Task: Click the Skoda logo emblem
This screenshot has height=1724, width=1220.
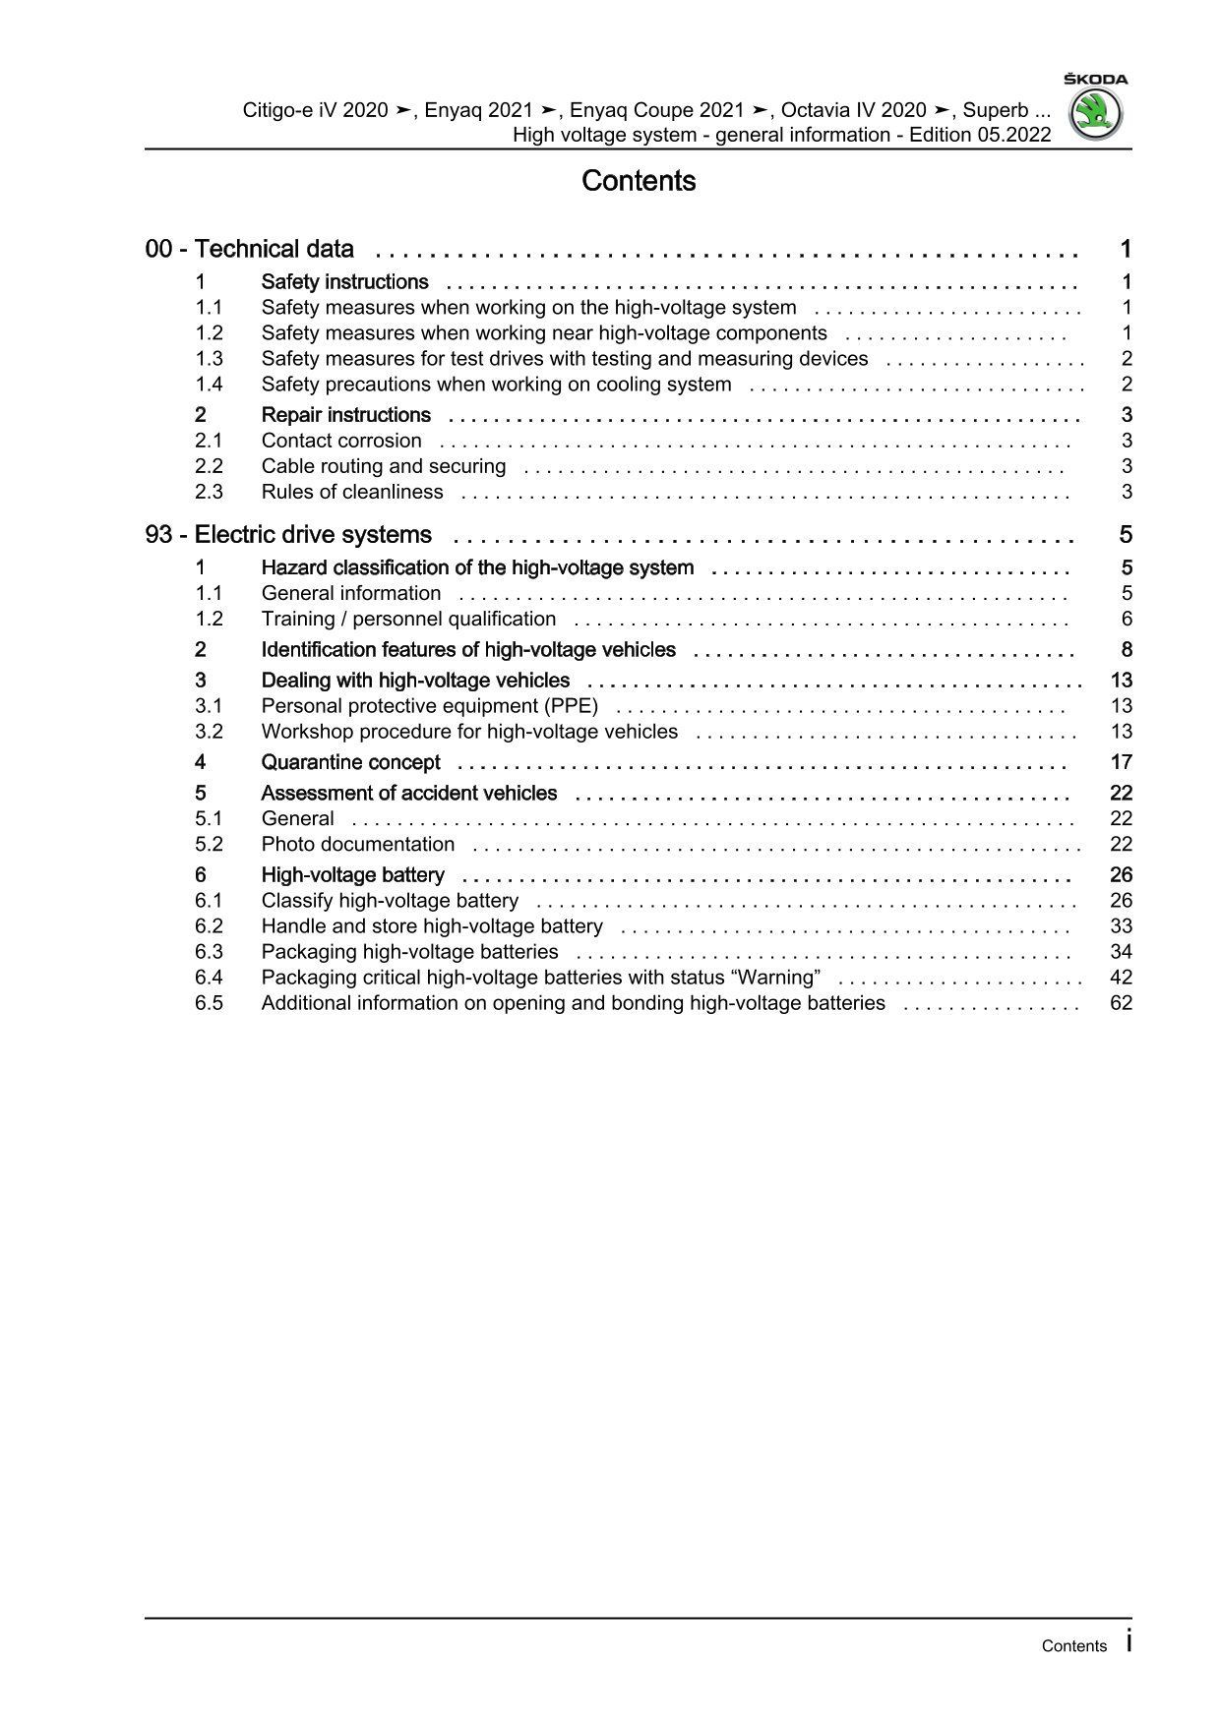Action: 1095,114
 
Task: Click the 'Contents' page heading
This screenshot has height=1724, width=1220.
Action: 639,181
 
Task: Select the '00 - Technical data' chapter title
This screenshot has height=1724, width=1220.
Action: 249,250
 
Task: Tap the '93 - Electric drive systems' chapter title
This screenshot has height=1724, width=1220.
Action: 288,535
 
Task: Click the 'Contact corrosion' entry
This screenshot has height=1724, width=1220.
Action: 340,441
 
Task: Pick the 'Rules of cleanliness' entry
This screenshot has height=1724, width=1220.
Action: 351,492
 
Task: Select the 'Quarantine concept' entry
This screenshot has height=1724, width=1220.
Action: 350,762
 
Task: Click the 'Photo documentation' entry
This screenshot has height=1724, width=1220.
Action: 357,844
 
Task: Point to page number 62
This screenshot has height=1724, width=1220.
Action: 1121,1003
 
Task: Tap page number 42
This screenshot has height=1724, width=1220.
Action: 1121,978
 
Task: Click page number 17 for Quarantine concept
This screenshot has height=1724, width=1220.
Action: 1121,762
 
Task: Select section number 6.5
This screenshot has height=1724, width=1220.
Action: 209,1003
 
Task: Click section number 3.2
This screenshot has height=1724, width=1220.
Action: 209,732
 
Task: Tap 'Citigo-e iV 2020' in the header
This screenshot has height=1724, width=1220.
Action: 315,110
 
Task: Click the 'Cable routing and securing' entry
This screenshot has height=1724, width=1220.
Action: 383,466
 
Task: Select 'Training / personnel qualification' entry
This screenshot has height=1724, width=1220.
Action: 408,619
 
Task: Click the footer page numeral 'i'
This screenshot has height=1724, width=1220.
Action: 1128,1641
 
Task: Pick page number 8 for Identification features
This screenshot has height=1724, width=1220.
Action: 1127,649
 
